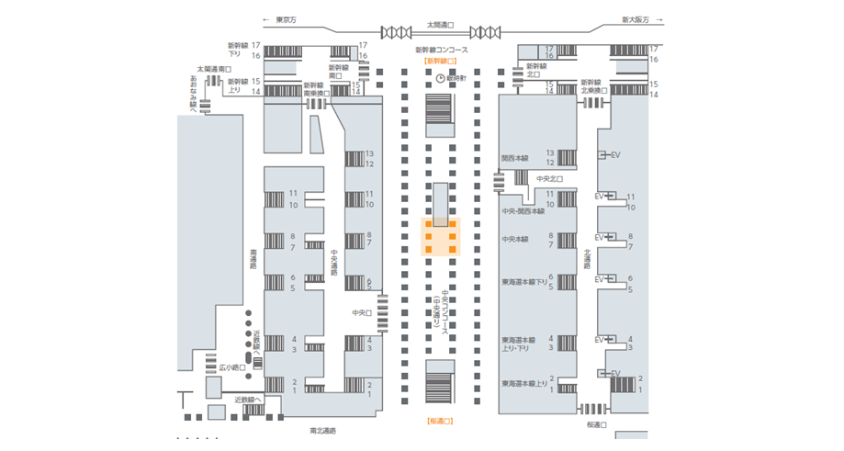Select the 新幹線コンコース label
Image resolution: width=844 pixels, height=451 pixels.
(x=441, y=50)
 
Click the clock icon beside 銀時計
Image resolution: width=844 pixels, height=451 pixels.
(x=440, y=78)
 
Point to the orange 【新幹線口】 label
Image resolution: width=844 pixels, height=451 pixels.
(x=441, y=62)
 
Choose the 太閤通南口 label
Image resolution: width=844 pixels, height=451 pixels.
(x=214, y=69)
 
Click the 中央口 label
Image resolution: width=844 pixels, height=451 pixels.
(x=361, y=312)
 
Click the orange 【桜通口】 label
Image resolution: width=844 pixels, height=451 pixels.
(x=441, y=421)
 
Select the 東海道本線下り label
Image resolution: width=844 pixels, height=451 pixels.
(x=523, y=282)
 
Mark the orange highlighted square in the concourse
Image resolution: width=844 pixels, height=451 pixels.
(x=441, y=237)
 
